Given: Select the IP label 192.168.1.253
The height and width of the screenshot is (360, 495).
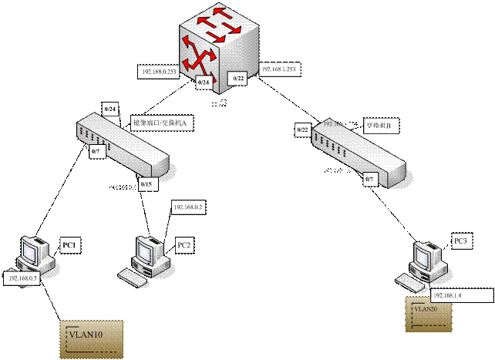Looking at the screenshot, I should tap(280, 69).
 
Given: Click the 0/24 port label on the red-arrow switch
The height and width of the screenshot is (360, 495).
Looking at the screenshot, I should tap(204, 81).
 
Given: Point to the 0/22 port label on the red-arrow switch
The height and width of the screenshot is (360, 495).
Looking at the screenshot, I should tap(239, 79).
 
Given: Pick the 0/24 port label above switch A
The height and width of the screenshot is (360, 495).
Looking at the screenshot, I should tap(109, 109).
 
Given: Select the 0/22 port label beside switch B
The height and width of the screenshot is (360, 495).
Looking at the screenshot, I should tap(303, 130).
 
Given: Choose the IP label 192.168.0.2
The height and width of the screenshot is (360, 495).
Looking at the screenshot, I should tap(187, 207).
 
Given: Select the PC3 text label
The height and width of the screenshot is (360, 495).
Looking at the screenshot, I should tap(461, 241).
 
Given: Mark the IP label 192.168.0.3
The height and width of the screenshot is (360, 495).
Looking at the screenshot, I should tap(22, 277).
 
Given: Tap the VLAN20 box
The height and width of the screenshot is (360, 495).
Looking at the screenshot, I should tap(426, 315).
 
